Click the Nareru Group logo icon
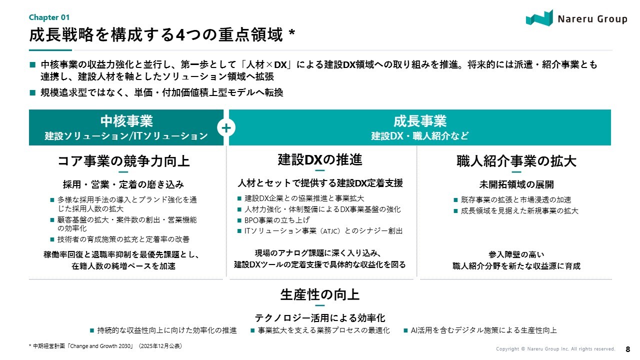point(539,18)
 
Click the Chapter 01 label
point(49,17)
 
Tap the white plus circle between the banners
point(226,127)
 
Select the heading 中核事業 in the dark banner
point(126,121)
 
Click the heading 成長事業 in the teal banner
point(419,121)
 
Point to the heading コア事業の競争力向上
point(123,161)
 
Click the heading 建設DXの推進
point(319,159)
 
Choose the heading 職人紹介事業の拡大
point(516,161)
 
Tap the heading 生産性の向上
point(319,294)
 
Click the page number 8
point(627,349)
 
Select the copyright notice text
point(555,349)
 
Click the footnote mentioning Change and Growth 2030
point(105,346)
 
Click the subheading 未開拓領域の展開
point(516,184)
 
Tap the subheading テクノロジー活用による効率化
point(319,318)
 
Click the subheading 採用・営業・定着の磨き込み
point(123,184)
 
